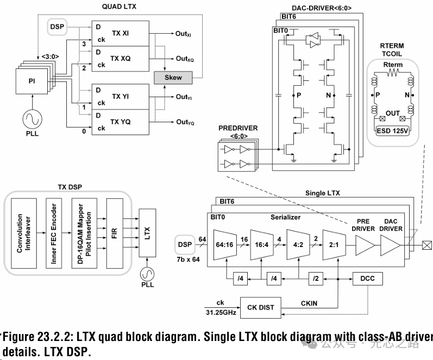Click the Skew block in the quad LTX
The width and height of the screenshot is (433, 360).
[173, 78]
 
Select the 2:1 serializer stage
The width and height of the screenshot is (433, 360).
[332, 245]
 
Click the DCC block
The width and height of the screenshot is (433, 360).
[368, 279]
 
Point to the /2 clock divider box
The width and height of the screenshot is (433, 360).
[316, 279]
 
